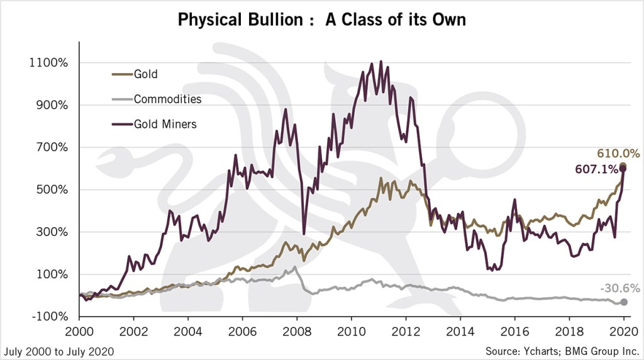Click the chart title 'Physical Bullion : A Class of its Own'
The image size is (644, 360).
click(321, 20)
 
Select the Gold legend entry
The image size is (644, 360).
click(145, 74)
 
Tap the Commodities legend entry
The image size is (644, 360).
click(167, 99)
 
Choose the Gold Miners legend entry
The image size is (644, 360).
click(165, 124)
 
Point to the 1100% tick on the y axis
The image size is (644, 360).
click(50, 63)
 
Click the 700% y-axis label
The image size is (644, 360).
click(53, 147)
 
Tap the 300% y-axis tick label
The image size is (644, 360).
click(53, 232)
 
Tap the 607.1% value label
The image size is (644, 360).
click(596, 169)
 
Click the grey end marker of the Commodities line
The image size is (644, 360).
click(623, 302)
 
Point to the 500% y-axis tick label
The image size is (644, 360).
click(53, 190)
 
